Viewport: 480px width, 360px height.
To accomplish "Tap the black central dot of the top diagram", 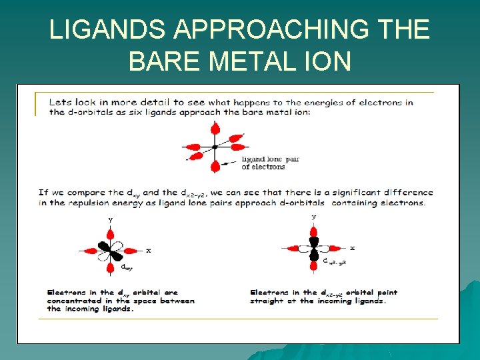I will point(214,147).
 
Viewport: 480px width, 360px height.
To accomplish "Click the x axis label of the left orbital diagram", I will point(148,251).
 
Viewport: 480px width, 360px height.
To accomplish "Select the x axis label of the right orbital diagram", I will point(352,248).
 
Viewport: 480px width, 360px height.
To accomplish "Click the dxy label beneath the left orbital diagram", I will point(126,267).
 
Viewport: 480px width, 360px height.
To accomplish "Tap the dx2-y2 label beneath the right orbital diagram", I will point(335,262).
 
